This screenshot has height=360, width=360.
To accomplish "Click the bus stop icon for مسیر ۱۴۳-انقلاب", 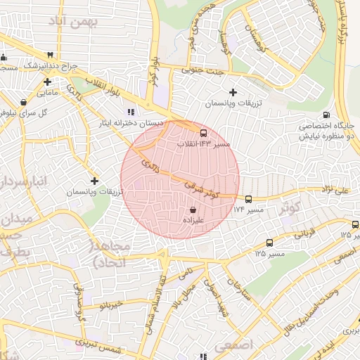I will [204, 132].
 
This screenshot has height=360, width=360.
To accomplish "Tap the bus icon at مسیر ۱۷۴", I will [248, 199].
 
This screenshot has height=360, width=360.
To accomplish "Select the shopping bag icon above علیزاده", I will [193, 209].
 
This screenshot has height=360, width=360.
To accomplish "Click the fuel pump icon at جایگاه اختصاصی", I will [325, 115].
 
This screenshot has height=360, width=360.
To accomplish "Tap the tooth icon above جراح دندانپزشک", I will [50, 55].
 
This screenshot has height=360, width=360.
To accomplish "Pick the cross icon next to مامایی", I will [47, 82].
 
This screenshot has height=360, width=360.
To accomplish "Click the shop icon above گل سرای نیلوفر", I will [24, 101].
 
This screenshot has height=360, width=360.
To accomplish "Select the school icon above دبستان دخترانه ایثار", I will [130, 112].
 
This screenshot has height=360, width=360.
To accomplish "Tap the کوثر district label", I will [290, 207].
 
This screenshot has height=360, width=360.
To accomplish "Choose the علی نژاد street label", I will [335, 190].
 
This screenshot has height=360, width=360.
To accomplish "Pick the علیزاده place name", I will [193, 220].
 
